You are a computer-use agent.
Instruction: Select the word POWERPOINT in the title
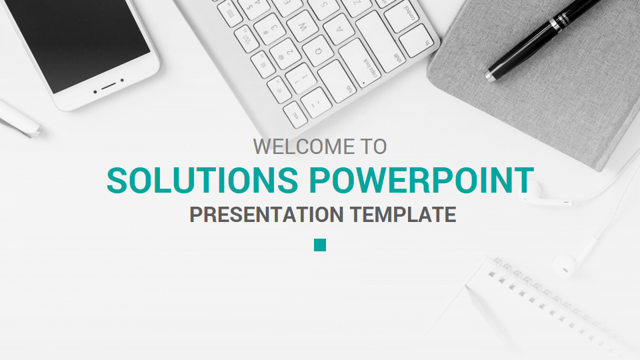tap(421, 181)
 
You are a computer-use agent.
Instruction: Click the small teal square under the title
tap(320, 245)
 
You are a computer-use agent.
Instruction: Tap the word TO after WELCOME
tap(373, 146)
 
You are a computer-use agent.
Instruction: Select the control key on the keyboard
tap(407, 15)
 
